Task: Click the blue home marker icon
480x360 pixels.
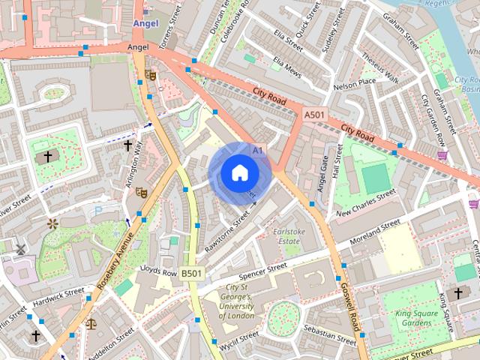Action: (x=238, y=173)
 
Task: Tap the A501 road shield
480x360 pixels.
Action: (x=313, y=113)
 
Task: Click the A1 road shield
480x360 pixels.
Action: (x=259, y=151)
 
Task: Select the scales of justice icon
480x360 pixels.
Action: (x=91, y=324)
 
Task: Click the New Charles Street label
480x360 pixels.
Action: (x=366, y=203)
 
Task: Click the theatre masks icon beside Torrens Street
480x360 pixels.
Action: (x=151, y=74)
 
